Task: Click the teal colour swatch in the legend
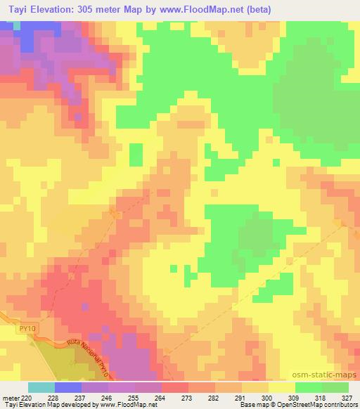41,387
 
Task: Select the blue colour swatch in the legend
67,387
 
